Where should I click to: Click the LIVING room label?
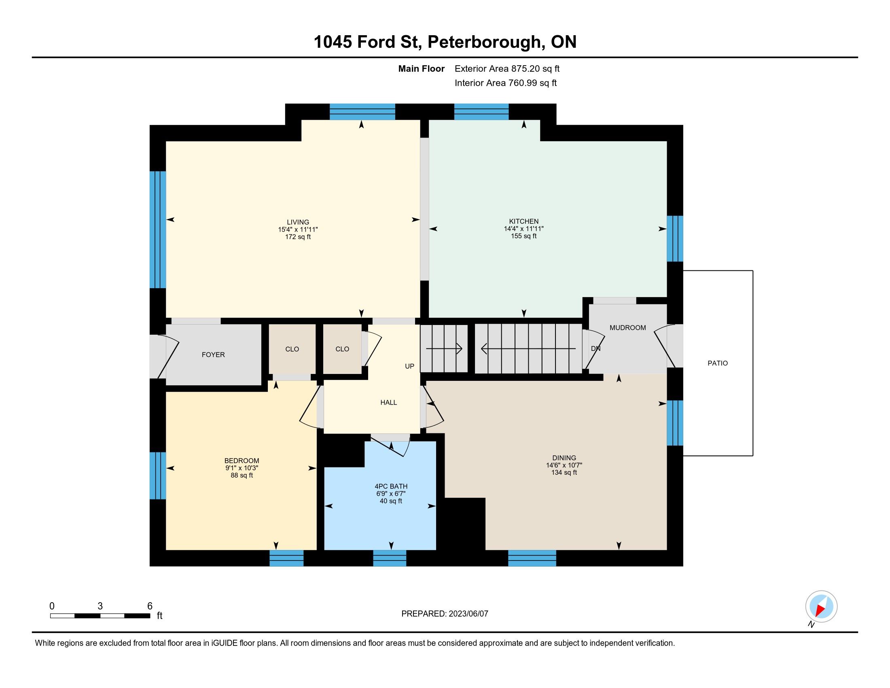(x=298, y=222)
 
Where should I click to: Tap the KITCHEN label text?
(x=523, y=221)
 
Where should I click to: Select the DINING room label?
(x=564, y=458)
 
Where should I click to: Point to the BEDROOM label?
(x=242, y=461)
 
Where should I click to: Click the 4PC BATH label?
(x=391, y=486)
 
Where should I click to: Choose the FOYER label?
(x=213, y=355)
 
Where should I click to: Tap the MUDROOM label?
(x=627, y=328)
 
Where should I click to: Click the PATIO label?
(x=718, y=363)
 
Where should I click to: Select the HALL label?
(x=388, y=403)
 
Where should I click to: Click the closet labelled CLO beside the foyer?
(x=292, y=349)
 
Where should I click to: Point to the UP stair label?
(x=409, y=366)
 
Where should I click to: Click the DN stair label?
(x=596, y=348)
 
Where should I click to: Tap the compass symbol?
(x=821, y=606)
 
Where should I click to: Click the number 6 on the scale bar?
(x=150, y=606)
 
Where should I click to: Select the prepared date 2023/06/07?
(x=468, y=614)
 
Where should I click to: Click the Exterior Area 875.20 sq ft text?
(x=507, y=68)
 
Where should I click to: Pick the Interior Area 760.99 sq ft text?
(x=505, y=83)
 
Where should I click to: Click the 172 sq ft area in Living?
(x=298, y=237)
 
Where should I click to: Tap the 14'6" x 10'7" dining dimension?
(x=564, y=465)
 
